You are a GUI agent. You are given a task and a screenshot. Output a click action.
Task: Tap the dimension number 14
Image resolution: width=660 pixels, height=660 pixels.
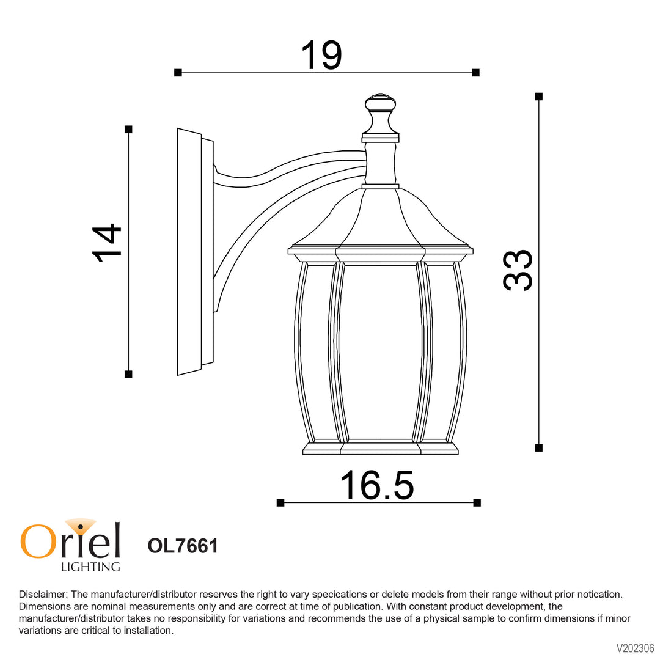click(x=107, y=243)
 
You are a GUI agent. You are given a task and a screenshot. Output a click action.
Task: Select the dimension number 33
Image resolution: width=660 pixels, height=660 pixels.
click(x=518, y=270)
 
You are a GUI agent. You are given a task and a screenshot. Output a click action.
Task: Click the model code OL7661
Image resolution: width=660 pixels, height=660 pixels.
click(x=183, y=546)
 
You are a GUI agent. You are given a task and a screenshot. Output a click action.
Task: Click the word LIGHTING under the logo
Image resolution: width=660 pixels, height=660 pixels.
click(x=90, y=566)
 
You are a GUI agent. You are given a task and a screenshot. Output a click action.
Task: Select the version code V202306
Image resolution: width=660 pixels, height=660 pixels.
click(x=635, y=648)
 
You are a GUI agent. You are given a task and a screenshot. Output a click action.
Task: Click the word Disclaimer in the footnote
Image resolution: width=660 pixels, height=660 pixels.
click(x=43, y=595)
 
